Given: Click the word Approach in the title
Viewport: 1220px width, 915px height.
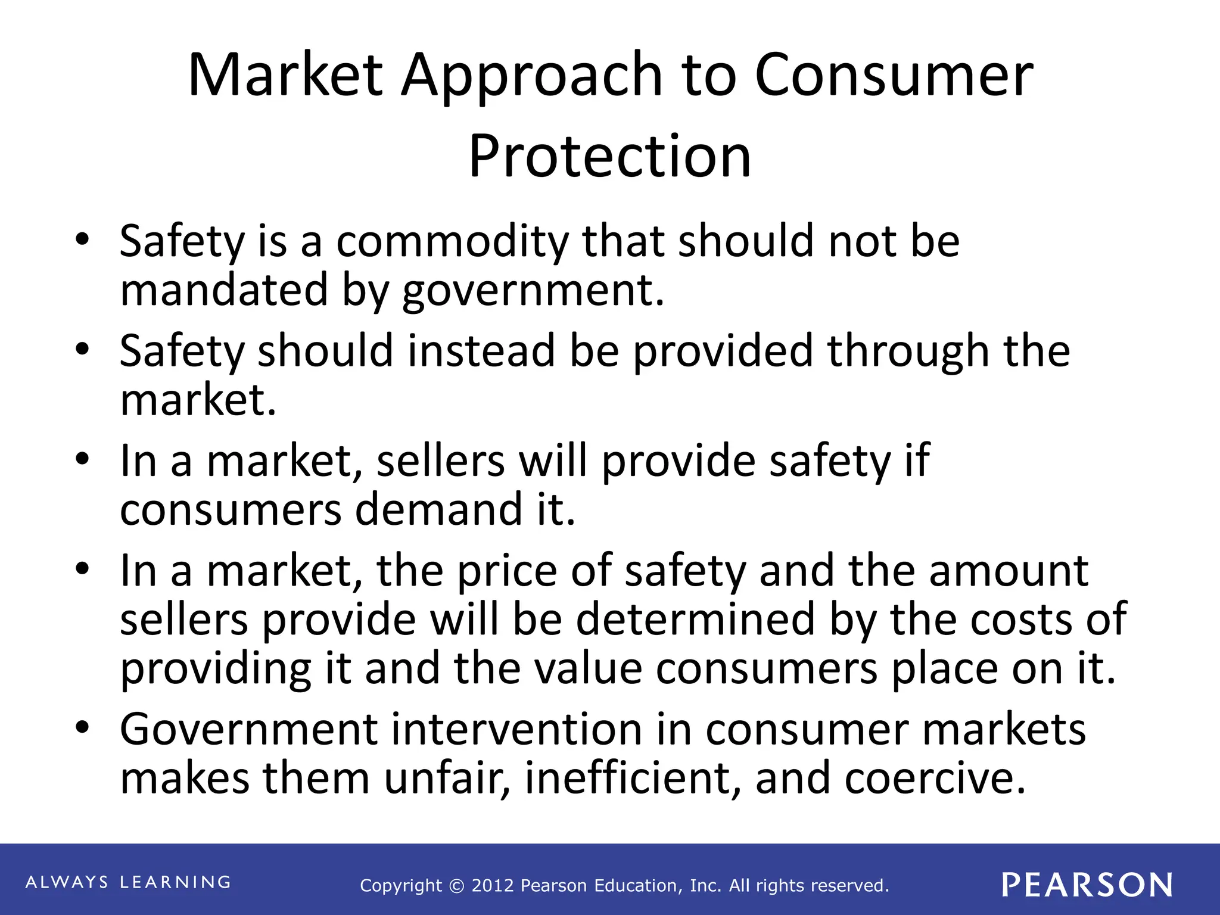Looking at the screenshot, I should coord(531,76).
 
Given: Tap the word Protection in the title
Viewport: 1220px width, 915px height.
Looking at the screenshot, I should coord(609,156).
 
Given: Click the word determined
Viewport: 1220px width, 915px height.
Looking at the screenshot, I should coord(695,620).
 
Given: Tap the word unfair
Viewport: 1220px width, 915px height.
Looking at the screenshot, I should coord(447,779).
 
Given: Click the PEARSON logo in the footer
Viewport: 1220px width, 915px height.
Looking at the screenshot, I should coord(1087,885).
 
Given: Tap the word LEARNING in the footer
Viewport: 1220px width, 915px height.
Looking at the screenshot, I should coord(176,882).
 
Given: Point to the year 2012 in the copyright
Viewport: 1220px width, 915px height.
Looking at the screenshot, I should coord(493,886).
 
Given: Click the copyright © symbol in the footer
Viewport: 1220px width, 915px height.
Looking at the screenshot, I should coord(456,886).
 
